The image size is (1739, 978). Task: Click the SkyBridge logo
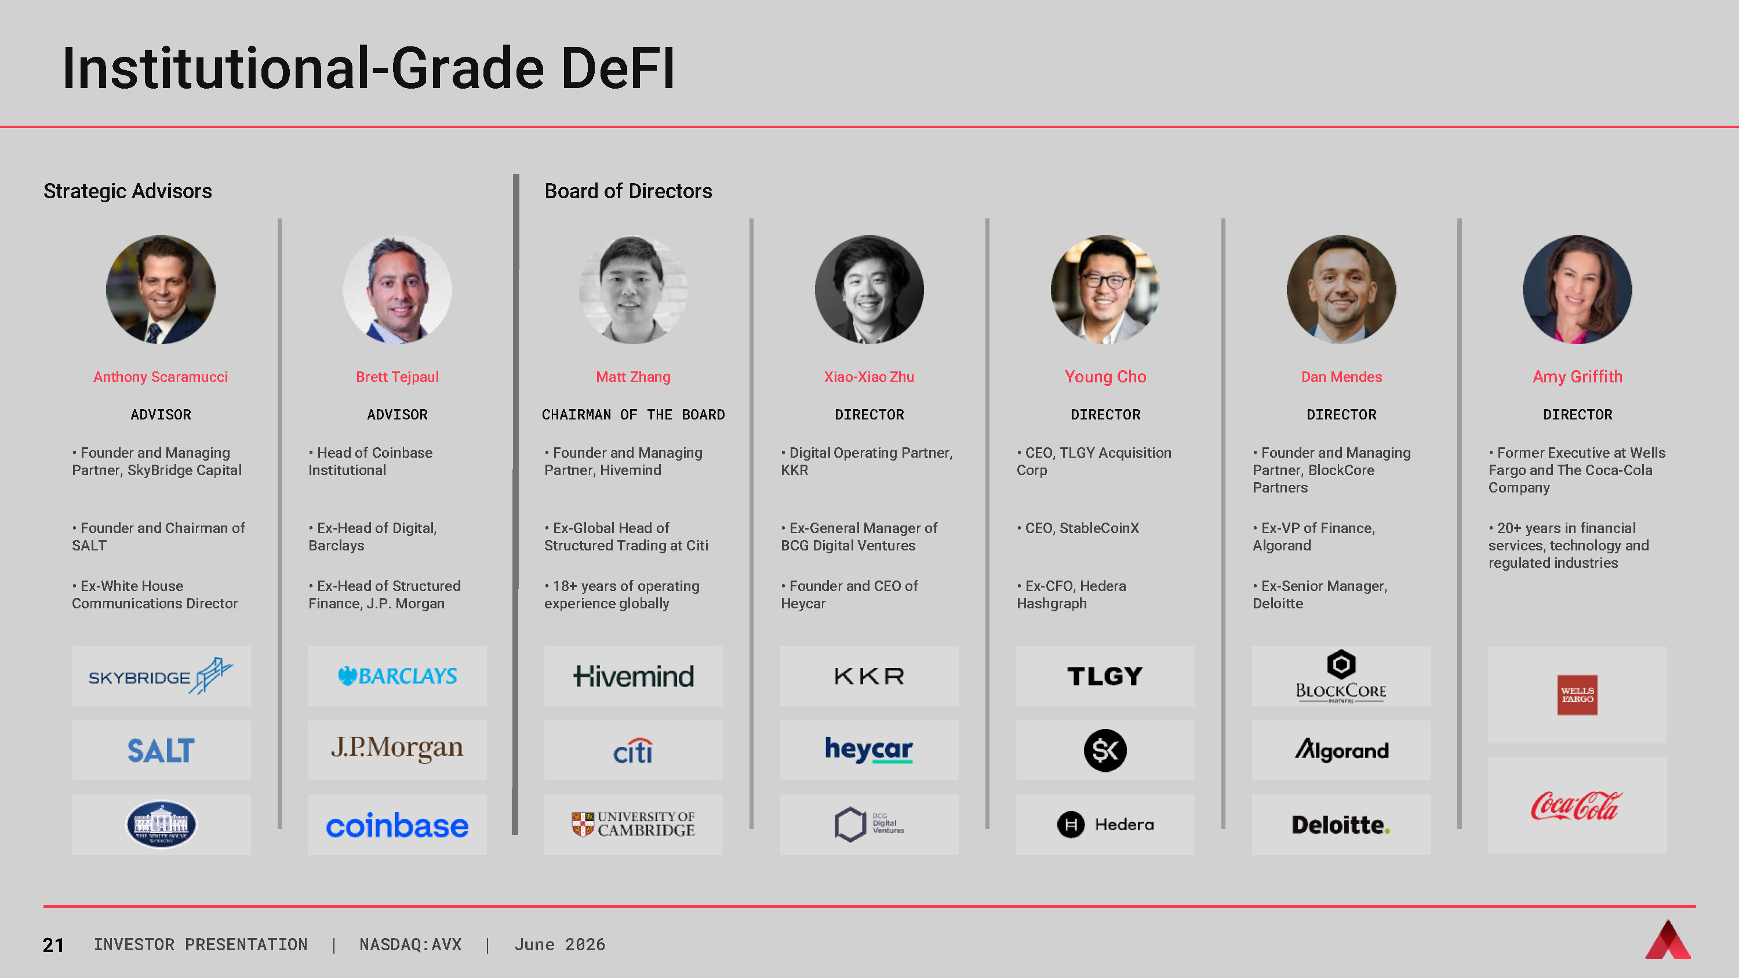click(161, 676)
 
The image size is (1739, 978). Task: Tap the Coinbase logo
click(397, 826)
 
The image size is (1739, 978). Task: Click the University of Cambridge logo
click(633, 824)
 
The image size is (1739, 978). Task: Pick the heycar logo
click(869, 749)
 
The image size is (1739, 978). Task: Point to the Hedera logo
click(1105, 824)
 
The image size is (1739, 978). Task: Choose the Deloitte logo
click(1341, 824)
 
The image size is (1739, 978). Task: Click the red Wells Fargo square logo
click(1577, 695)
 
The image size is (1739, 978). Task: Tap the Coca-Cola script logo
click(1577, 806)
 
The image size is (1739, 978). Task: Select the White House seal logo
click(161, 824)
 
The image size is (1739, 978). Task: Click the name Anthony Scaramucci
click(161, 377)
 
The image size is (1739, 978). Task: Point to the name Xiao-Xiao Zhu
click(869, 377)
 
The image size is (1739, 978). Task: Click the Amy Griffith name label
click(1577, 377)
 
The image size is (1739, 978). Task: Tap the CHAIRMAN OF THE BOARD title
click(633, 414)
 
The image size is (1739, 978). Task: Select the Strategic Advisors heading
click(128, 191)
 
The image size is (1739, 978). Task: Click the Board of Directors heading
click(628, 191)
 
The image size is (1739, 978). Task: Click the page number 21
click(53, 945)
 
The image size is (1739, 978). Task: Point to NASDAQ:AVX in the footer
click(410, 944)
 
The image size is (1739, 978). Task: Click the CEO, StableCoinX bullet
click(1078, 528)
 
